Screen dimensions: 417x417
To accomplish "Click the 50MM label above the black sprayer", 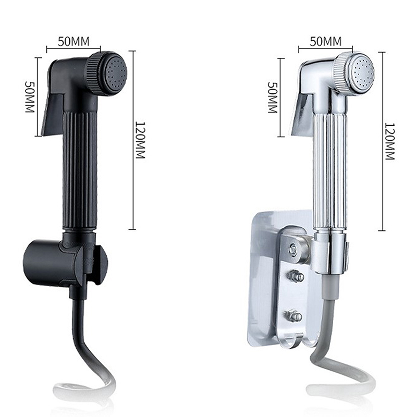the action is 73,41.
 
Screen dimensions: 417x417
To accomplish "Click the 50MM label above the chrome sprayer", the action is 325,41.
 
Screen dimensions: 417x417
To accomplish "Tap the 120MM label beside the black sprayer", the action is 140,140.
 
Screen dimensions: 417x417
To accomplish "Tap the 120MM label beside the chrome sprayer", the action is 390,141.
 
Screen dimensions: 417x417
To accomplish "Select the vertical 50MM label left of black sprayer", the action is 30,96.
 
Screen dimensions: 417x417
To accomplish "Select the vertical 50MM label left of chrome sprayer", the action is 272,97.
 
